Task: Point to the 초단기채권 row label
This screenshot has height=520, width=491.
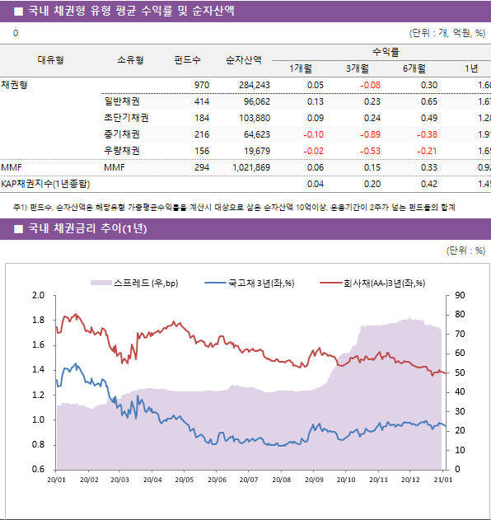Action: click(121, 118)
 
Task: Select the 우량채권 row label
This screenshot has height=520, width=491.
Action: click(121, 151)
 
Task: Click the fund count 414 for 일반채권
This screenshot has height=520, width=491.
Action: click(201, 101)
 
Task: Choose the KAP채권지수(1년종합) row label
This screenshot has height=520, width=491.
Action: click(45, 183)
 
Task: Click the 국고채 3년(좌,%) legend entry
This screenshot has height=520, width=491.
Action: click(260, 283)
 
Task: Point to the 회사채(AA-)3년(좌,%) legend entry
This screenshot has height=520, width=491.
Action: click(382, 283)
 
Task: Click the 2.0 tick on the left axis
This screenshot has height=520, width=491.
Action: click(38, 296)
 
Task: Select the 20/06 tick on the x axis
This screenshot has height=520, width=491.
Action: click(217, 479)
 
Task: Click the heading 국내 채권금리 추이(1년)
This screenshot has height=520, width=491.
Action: click(87, 228)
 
